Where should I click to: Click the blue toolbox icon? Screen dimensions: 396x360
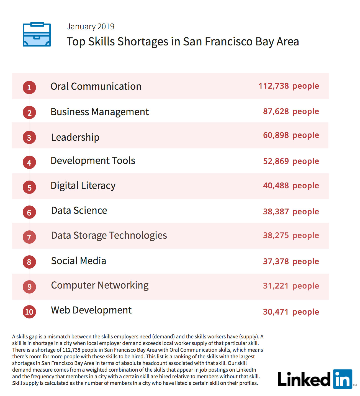37,35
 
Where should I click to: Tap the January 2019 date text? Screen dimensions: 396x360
90,27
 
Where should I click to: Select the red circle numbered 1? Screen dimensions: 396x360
29,88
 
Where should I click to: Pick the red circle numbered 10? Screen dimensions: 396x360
29,312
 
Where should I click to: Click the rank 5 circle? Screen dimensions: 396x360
29,187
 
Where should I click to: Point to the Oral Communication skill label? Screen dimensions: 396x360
96,86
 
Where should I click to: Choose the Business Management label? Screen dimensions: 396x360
100,112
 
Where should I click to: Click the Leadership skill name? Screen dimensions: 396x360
75,137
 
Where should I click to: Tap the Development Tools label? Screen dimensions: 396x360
93,161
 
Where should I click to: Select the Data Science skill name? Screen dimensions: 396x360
79,210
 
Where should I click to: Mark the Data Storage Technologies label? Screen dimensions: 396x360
109,235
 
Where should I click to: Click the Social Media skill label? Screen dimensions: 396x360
79,261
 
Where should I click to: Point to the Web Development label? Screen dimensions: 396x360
91,310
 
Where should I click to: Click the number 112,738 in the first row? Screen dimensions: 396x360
274,86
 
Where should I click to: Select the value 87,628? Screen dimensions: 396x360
276,111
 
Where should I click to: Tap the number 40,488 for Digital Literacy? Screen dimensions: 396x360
276,186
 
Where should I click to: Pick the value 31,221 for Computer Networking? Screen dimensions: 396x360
276,286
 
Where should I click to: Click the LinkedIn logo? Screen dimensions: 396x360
315,379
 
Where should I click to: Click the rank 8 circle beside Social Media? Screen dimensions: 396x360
29,262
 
